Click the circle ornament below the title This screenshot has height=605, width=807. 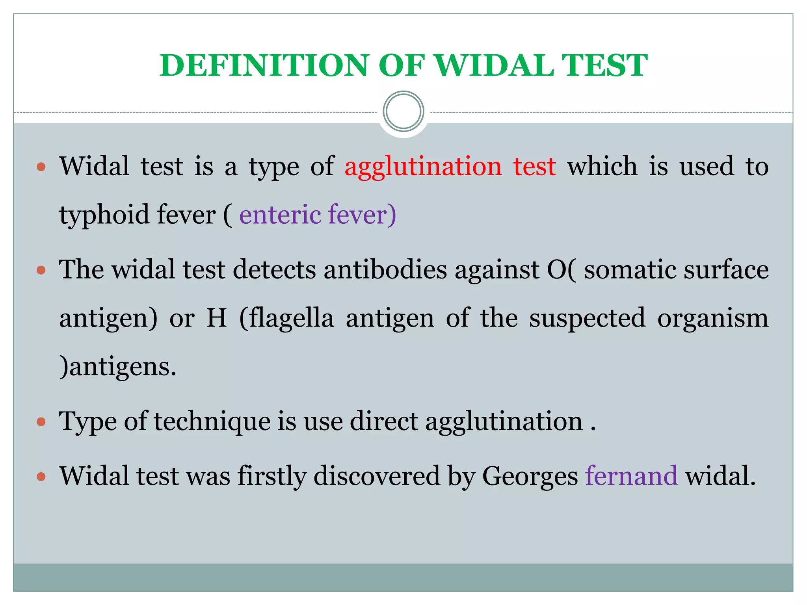pos(403,111)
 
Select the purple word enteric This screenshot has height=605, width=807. pos(280,215)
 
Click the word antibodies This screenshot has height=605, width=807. pos(385,270)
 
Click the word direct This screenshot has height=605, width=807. pos(383,421)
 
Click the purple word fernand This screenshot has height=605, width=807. pos(631,476)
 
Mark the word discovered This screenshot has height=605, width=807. pos(376,476)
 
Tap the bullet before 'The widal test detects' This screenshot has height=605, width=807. pos(41,271)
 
